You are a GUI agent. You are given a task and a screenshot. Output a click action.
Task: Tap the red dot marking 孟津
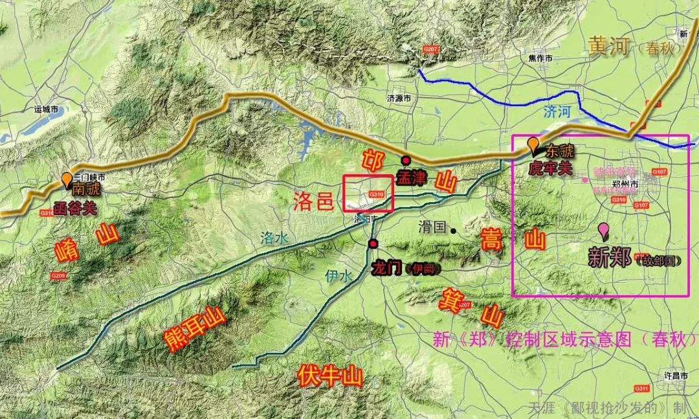[x=406, y=161]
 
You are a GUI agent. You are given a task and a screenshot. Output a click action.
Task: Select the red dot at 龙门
[x=373, y=244]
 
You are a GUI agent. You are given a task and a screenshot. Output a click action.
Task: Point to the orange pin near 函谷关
[x=67, y=179]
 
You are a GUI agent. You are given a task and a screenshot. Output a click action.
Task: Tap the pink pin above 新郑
[x=603, y=229]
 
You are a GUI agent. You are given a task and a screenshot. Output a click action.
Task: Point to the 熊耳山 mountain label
[x=195, y=329]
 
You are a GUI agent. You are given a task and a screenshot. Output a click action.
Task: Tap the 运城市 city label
[x=47, y=110]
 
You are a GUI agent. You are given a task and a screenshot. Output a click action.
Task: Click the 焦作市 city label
[x=539, y=58]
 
